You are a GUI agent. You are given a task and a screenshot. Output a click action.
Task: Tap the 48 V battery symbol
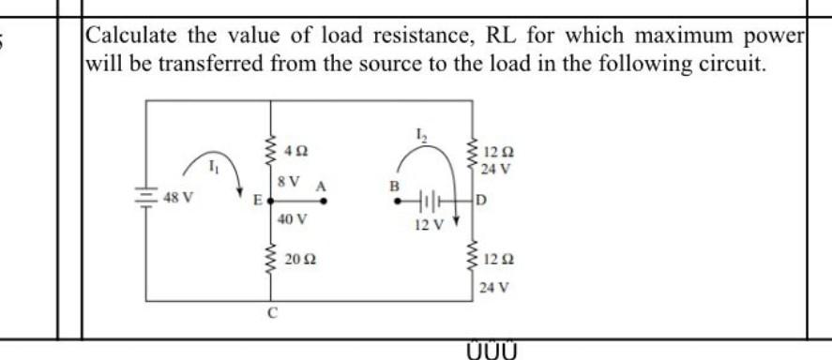(148, 199)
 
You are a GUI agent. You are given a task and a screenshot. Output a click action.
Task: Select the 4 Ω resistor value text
(295, 149)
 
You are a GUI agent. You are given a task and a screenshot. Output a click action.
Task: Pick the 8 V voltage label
(290, 179)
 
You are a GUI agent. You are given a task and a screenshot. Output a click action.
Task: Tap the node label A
(320, 186)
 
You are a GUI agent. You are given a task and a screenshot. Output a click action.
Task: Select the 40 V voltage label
(293, 219)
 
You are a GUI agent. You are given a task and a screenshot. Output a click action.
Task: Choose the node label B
(395, 185)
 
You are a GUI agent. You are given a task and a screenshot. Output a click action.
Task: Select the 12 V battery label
(426, 225)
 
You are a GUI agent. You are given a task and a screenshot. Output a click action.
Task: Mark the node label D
(481, 200)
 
